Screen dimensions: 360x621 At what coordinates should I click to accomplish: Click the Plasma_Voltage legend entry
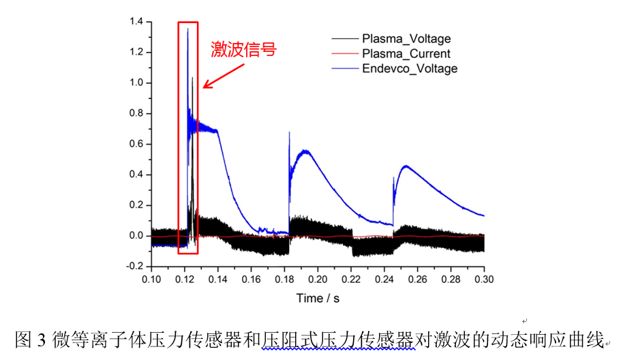point(406,39)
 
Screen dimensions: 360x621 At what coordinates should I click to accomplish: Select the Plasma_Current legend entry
point(406,54)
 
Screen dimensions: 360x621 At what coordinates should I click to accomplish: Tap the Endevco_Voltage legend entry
point(410,68)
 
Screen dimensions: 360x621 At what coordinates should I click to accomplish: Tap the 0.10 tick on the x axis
point(151,280)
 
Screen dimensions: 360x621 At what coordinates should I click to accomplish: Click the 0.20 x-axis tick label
point(318,280)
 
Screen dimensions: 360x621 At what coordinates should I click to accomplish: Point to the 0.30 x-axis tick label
point(484,280)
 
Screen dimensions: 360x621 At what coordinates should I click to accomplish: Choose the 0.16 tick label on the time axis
point(251,280)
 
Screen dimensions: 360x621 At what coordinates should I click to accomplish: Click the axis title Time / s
point(318,298)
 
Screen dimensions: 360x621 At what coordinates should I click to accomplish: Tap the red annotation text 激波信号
point(243,50)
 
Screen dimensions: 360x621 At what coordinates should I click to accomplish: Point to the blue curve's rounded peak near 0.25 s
point(406,166)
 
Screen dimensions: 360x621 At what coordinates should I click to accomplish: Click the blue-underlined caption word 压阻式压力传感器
point(338,339)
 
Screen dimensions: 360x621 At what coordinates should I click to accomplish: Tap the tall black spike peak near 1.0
point(192,78)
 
